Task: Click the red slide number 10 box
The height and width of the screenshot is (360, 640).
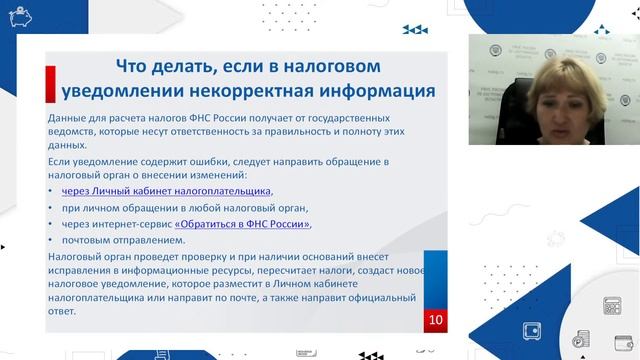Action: tap(436, 321)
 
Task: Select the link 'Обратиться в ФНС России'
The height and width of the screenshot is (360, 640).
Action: tap(243, 224)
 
